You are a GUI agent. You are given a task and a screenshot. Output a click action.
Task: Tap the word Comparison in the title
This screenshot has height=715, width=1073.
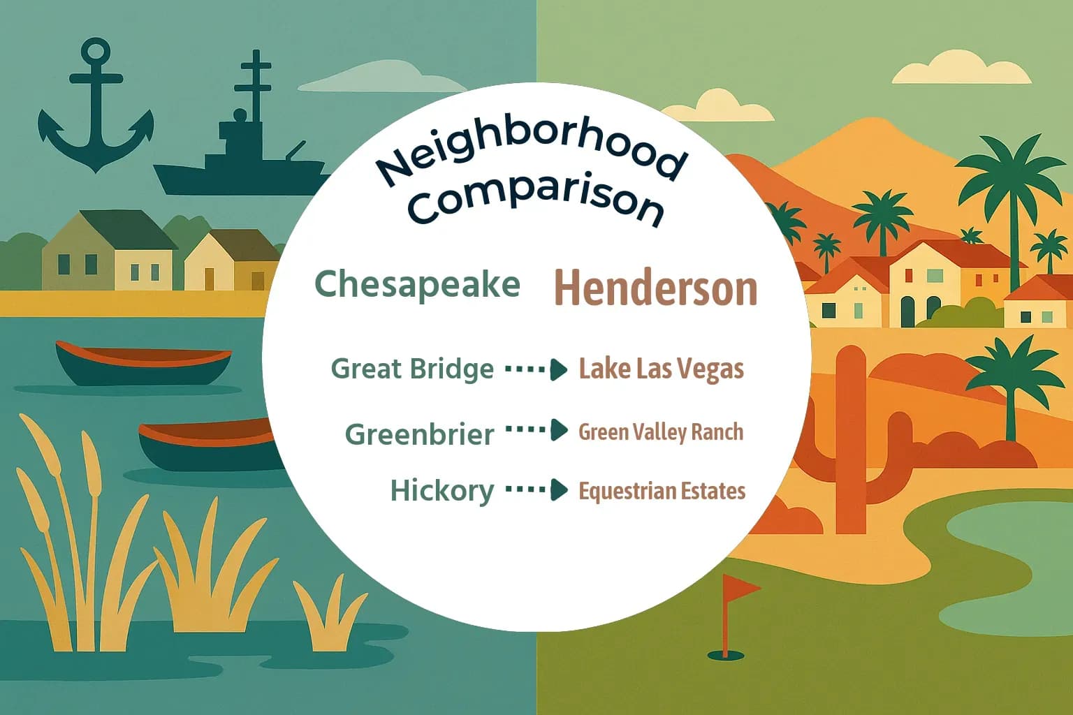point(536,201)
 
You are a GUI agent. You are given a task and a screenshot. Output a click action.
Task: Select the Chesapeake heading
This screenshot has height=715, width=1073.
point(417,285)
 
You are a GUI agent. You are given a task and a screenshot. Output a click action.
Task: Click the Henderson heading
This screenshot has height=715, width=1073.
point(655,288)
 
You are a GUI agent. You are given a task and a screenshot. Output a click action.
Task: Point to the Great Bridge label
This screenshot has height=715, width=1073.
point(412,369)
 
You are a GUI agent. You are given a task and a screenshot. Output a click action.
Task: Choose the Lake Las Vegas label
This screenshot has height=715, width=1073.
point(661,369)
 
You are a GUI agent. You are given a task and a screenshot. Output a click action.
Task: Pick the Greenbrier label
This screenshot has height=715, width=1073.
point(420,434)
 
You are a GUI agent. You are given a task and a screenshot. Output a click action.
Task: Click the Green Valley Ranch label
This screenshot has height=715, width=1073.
point(661,432)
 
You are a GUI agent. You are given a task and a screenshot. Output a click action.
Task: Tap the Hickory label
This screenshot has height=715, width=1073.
point(442,490)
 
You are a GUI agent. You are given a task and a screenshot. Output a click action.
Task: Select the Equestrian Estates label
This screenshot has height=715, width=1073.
point(662,491)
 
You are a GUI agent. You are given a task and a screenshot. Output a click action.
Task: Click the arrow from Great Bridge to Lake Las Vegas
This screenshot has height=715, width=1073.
point(536,369)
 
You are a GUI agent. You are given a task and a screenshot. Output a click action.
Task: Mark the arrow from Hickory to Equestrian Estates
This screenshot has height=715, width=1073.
point(536,489)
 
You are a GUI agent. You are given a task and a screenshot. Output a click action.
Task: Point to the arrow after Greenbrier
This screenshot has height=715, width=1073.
point(536,430)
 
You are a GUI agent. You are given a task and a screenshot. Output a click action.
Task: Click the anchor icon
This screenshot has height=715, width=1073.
point(96,112)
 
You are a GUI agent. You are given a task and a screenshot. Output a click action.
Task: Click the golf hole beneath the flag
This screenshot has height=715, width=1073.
point(725,656)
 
